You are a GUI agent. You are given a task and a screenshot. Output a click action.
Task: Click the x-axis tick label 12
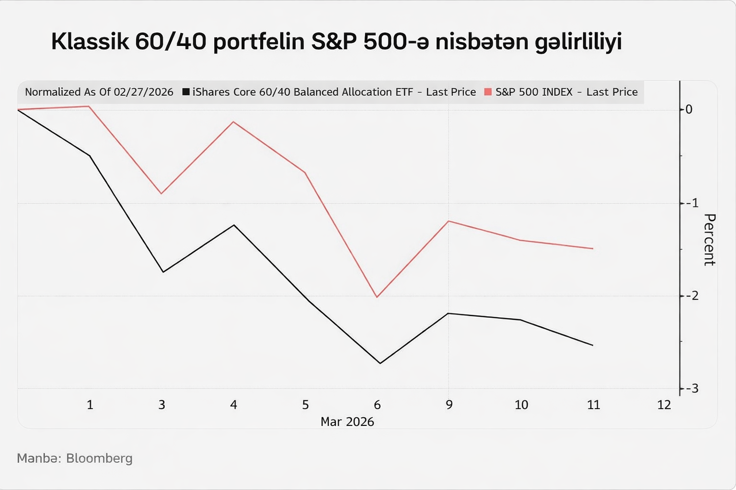pos(664,405)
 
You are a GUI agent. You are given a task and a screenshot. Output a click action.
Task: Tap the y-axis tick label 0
pos(689,110)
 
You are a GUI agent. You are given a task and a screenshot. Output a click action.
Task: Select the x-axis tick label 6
pos(377,405)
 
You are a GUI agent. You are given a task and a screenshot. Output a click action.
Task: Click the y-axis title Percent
pos(709,239)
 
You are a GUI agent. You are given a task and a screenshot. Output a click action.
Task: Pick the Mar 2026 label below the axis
pos(347,422)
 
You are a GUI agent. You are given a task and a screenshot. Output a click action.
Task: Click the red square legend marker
pos(488,92)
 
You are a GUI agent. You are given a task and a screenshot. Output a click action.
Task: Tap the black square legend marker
pos(186,92)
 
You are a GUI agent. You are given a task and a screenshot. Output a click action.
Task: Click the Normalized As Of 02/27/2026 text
pos(99,92)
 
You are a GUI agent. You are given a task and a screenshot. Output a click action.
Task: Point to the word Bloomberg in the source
pos(99,458)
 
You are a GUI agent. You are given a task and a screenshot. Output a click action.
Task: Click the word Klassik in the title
pos(90,42)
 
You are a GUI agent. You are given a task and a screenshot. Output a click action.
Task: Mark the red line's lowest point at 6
pos(377,297)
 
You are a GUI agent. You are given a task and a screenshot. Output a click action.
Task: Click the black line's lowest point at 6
pos(380,363)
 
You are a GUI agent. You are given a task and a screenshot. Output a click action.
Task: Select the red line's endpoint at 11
pos(593,248)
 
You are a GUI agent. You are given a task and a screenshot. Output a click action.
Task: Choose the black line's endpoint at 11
pos(593,345)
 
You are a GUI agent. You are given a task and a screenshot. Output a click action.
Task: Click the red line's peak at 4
pos(233,122)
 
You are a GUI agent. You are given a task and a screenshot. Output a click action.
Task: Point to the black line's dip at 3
pos(163,272)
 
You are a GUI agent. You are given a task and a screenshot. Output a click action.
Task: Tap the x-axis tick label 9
pos(449,405)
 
